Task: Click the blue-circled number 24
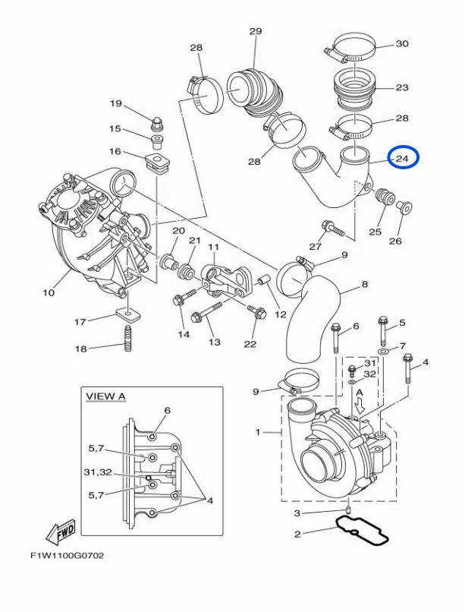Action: [402, 158]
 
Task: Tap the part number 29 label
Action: [255, 31]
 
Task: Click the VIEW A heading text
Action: [106, 396]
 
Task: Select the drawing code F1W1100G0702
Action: [67, 556]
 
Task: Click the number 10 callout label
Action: [49, 292]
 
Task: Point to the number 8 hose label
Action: [365, 285]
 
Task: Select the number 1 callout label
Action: [258, 432]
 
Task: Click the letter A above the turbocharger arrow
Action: [360, 392]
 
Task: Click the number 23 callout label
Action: [402, 87]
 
